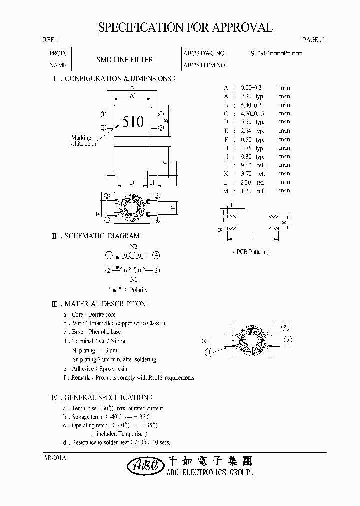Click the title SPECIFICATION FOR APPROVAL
tap(185, 28)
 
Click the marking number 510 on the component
tap(133, 122)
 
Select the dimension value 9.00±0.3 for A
tap(250, 87)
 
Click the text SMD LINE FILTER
tap(124, 59)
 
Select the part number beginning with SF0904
tap(276, 53)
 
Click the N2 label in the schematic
tap(133, 247)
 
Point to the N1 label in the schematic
tap(133, 280)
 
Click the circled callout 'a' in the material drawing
tap(285, 327)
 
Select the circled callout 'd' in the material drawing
tap(209, 352)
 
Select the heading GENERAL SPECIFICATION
tap(106, 398)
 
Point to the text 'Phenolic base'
tap(105, 332)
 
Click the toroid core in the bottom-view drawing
tap(132, 207)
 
